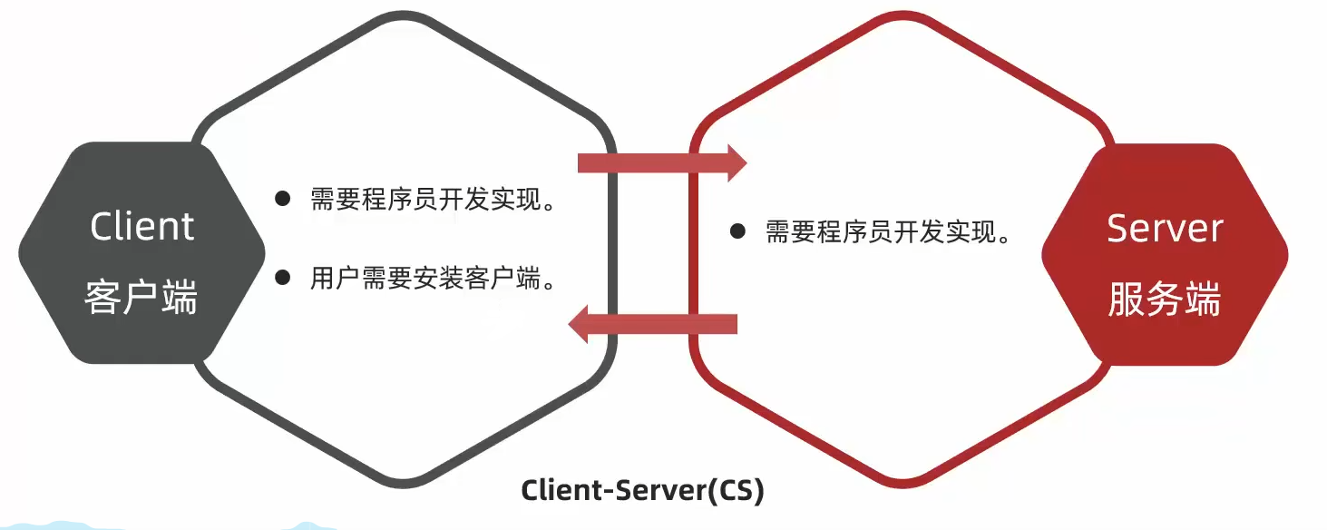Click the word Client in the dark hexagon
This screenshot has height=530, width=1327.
[x=141, y=227]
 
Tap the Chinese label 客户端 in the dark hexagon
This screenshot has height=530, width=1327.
[x=141, y=297]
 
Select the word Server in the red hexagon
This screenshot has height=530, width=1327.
[x=1165, y=228]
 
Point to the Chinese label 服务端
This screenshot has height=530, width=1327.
[x=1165, y=299]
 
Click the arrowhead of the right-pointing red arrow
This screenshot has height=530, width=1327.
[x=737, y=162]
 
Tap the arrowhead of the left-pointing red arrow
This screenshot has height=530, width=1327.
[x=578, y=324]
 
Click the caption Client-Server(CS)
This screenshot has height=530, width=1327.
[x=643, y=491]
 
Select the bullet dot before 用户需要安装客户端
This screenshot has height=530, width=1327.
[x=283, y=277]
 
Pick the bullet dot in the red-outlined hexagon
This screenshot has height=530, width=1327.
[x=737, y=231]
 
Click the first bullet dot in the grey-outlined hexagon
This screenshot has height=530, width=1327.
[x=283, y=198]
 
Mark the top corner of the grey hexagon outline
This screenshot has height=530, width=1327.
[x=404, y=13]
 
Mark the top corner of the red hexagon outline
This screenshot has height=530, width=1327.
[x=903, y=13]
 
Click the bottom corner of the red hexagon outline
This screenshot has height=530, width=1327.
[x=903, y=485]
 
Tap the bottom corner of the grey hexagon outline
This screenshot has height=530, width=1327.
[x=404, y=485]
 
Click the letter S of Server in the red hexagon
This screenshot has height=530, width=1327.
[x=1117, y=228]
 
